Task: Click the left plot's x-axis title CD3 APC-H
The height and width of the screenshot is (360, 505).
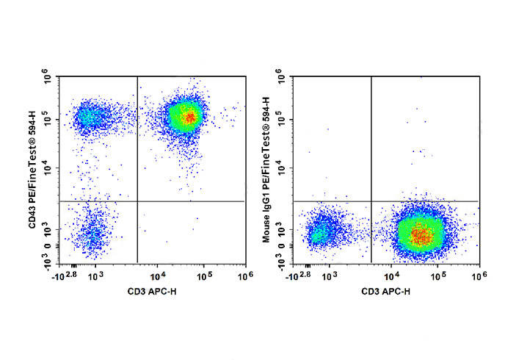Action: tap(153, 292)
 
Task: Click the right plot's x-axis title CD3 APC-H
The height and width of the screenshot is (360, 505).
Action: tap(386, 292)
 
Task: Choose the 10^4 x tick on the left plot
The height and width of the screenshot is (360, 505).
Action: tap(157, 276)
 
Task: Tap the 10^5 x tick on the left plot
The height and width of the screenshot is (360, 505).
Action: tap(205, 276)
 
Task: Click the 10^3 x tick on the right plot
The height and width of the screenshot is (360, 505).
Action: tap(330, 276)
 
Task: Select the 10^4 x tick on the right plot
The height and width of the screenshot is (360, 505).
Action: tap(391, 276)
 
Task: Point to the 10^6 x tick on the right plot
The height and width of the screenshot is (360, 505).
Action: tap(478, 276)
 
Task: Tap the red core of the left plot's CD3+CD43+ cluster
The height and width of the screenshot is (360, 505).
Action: tap(189, 116)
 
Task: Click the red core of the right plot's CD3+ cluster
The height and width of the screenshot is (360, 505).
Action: tap(420, 236)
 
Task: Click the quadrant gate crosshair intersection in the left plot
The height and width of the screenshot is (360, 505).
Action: tap(137, 201)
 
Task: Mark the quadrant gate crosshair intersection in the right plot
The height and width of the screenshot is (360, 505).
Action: tap(371, 201)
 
